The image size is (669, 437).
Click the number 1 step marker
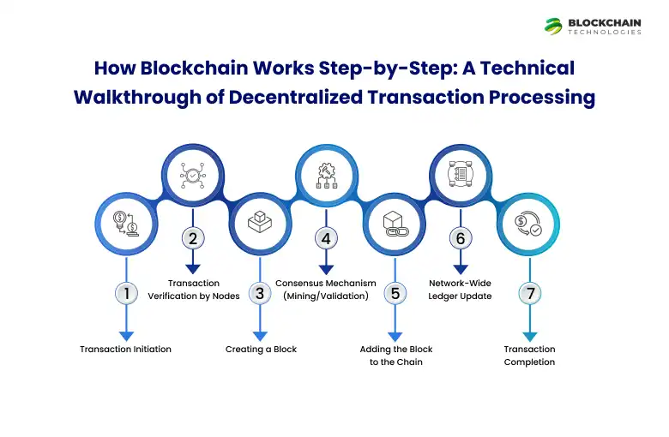click(126, 294)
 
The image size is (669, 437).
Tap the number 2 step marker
click(193, 238)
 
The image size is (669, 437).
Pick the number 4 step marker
click(326, 238)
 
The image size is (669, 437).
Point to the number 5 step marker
click(395, 294)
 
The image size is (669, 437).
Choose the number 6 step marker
click(461, 238)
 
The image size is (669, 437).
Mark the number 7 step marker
click(529, 294)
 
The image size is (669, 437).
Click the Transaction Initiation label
click(125, 350)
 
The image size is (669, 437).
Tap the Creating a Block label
click(261, 350)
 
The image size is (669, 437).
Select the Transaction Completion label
click(529, 356)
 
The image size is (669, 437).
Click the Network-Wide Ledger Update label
click(461, 290)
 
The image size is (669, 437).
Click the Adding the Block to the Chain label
click(395, 356)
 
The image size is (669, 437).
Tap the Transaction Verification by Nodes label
click(193, 290)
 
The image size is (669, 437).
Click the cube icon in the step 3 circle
click(259, 224)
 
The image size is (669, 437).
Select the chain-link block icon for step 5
click(394, 224)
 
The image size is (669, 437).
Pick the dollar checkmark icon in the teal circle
click(528, 224)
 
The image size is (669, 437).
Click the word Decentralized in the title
click(286, 96)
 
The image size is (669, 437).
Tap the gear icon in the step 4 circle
click(326, 174)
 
